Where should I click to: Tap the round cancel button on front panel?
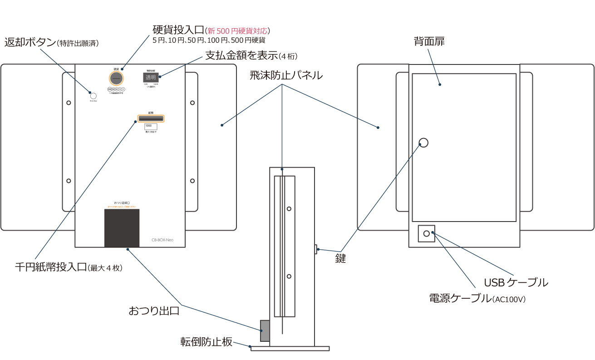point(93,96)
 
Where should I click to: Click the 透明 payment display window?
point(150,78)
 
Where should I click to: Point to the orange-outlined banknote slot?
point(151,119)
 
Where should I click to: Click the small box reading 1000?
point(151,127)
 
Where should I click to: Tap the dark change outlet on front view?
point(122,228)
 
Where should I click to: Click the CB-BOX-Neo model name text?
point(166,240)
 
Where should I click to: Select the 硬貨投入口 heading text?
point(178,30)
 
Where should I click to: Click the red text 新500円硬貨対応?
point(237,31)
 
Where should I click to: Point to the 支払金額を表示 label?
point(241,55)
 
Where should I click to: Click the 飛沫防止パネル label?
point(286,75)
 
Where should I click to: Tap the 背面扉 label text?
point(429,41)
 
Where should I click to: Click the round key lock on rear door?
point(423,143)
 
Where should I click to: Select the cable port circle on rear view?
point(426,233)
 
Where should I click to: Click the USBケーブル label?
point(516,282)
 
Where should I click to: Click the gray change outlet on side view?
point(265,330)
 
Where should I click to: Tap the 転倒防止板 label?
point(206,342)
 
